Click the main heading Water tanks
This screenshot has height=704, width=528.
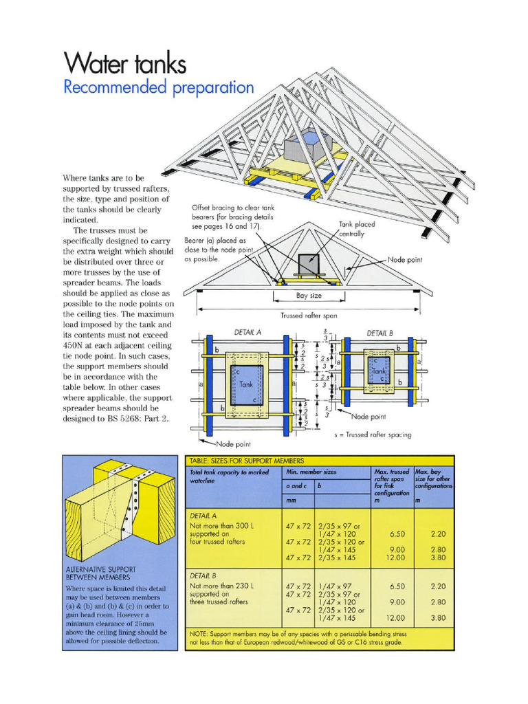point(124,63)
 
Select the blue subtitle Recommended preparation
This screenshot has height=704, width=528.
point(158,88)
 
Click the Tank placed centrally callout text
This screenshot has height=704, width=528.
point(356,229)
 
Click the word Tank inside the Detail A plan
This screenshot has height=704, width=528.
point(246,385)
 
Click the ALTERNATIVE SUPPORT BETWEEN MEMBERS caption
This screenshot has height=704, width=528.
point(101,573)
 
